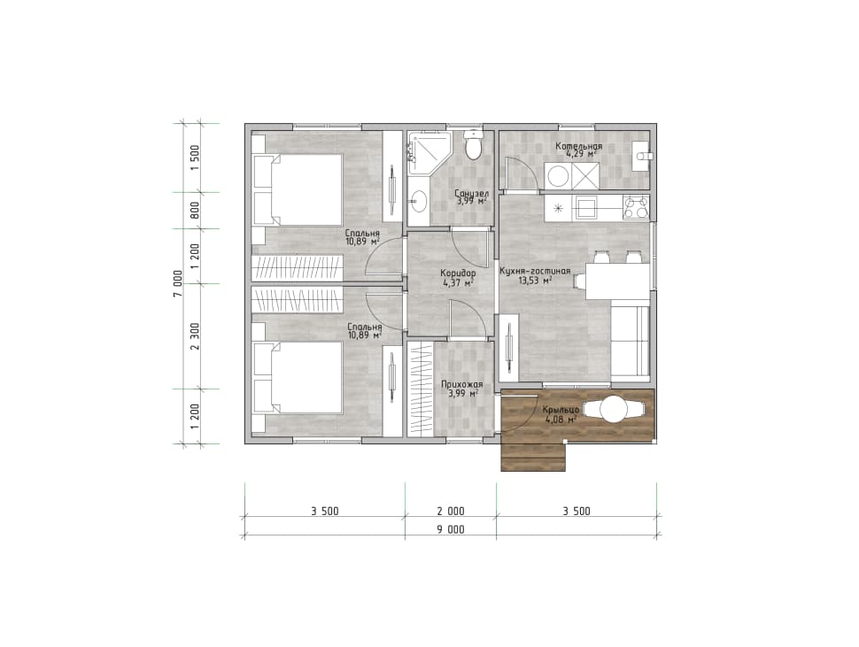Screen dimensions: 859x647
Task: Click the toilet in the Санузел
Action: coord(473,144)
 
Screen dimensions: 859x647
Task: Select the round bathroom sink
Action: coord(419,201)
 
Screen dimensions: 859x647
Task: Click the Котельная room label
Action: coord(578,146)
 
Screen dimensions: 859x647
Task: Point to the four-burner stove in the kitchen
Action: coord(636,208)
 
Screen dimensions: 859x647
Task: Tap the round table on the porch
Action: coord(613,409)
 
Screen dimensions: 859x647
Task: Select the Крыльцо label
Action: coord(561,410)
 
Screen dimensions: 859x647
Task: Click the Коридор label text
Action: coord(458,273)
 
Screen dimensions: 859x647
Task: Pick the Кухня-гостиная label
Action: coord(535,271)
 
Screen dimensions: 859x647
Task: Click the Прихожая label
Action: coord(461,385)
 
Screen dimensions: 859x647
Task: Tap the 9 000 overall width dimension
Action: coord(451,529)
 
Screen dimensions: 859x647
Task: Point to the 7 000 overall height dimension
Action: coord(177,283)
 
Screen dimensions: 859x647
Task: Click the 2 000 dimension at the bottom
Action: coord(451,512)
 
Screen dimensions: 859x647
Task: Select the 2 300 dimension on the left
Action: coord(195,336)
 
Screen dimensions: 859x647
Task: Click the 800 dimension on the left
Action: coord(195,211)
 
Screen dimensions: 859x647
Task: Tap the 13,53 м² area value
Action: coord(535,281)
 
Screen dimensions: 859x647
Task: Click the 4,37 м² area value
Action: coord(458,282)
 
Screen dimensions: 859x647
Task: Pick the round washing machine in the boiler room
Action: coord(558,176)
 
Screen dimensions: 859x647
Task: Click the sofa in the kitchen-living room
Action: coord(630,341)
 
